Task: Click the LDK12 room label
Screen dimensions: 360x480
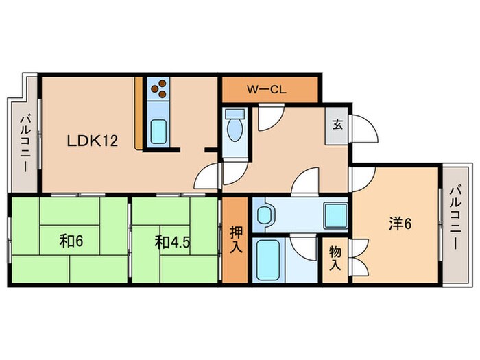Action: click(93, 141)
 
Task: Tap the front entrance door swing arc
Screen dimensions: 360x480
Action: click(363, 130)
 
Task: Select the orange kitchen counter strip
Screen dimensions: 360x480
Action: click(139, 113)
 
